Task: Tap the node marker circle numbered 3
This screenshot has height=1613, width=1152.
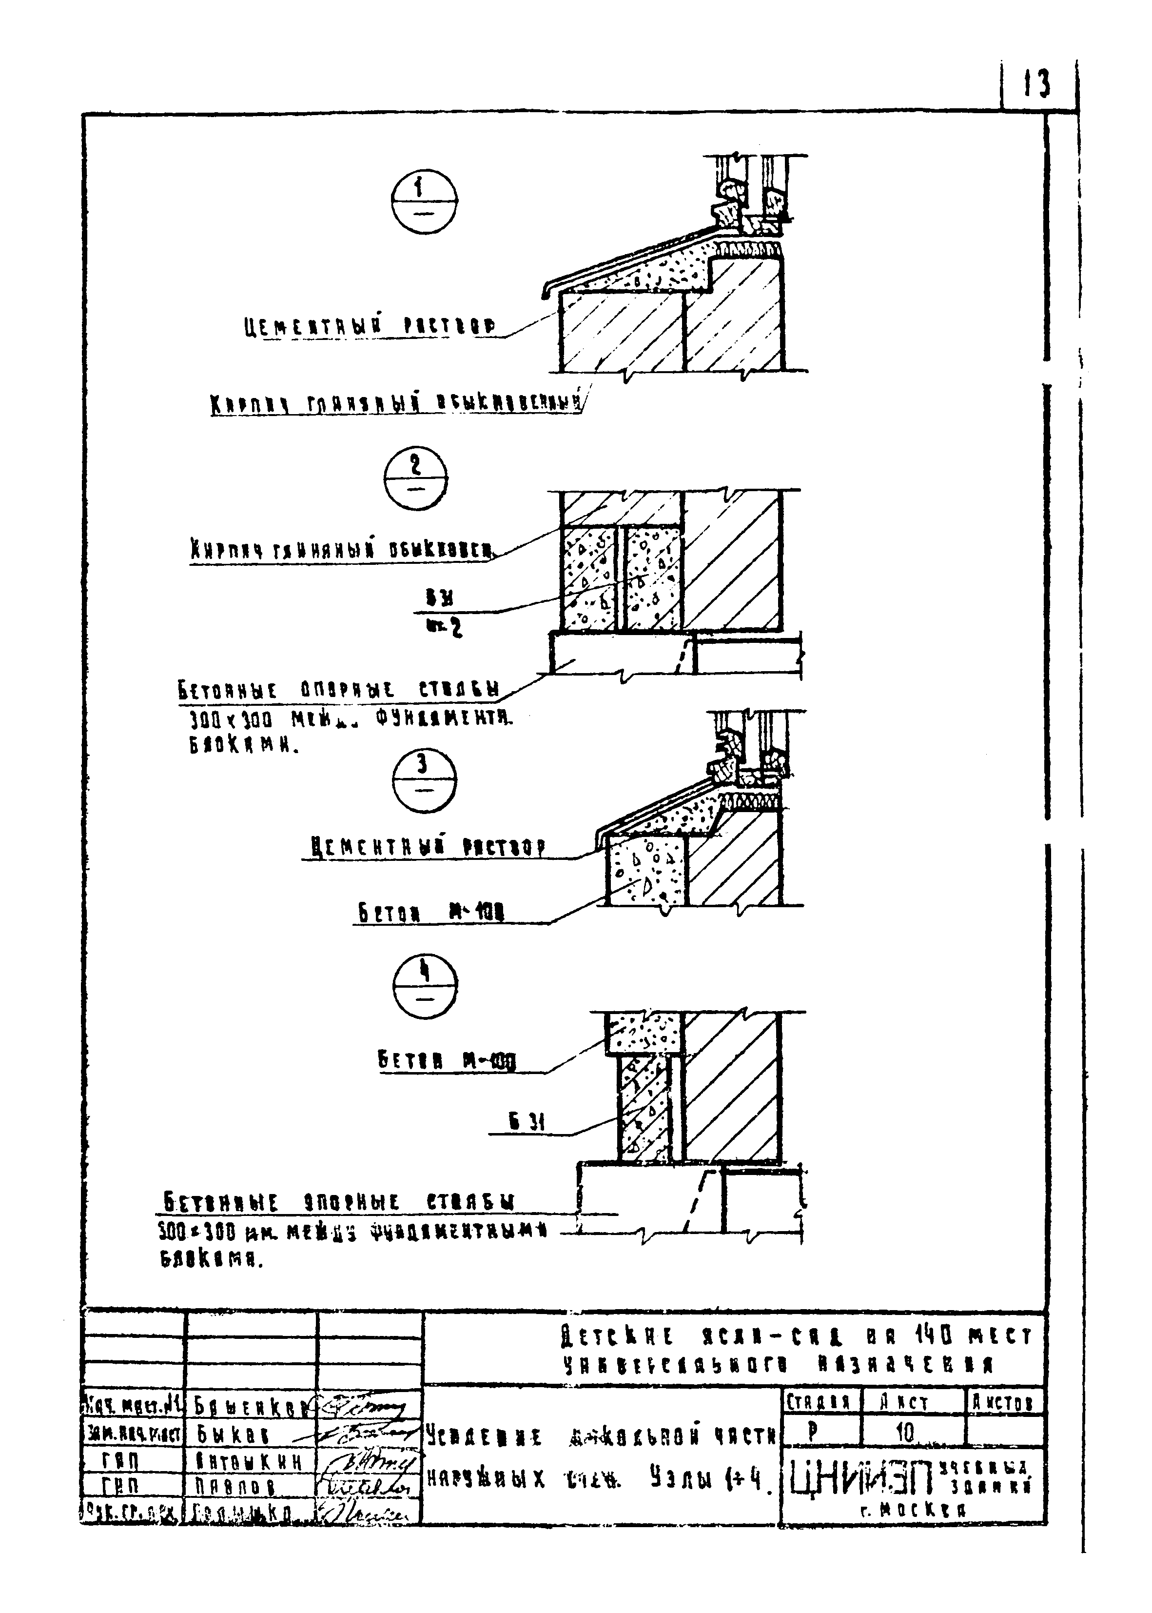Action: click(x=424, y=778)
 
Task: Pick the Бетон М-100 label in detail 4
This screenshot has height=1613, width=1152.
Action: click(x=447, y=1062)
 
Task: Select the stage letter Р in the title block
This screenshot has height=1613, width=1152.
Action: click(x=812, y=1431)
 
